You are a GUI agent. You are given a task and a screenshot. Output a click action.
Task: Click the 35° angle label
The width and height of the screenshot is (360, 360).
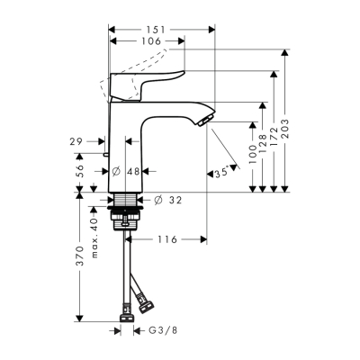pos(219,173)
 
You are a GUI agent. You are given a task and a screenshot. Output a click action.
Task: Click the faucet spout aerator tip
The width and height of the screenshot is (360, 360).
pos(208,121)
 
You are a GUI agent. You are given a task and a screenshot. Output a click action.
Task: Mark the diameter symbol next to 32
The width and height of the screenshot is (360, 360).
pos(158,199)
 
